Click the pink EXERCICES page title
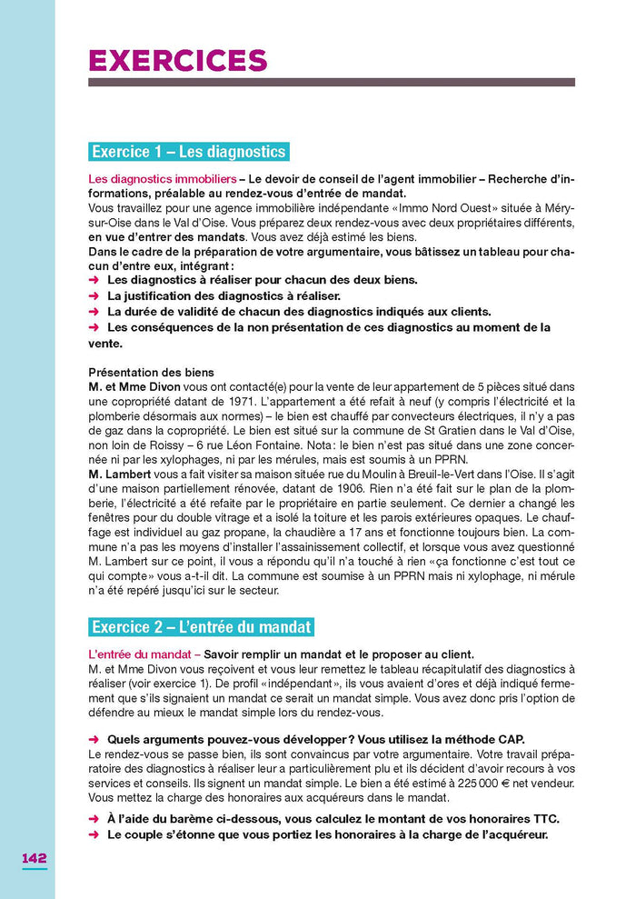(177, 60)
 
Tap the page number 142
(35, 858)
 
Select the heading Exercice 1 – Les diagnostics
(189, 152)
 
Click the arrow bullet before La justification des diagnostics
(94, 295)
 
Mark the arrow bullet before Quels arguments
(94, 739)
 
